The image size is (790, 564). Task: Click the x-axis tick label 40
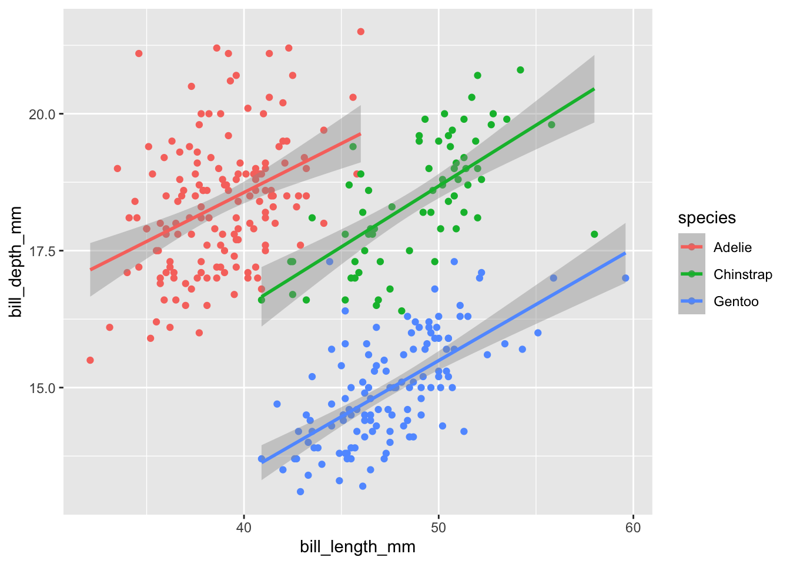point(243,528)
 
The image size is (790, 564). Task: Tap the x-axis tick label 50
point(438,528)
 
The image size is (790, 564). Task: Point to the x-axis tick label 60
point(633,528)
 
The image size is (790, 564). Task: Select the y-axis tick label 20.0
point(42,114)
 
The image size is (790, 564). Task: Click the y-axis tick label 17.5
point(42,251)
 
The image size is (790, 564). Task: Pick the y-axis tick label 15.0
point(42,388)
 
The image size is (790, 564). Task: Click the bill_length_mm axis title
point(357,548)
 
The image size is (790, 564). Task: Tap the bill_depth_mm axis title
point(16,261)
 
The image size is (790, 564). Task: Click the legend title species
point(707,218)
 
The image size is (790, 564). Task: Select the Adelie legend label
point(732,247)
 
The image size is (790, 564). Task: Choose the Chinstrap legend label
point(742,274)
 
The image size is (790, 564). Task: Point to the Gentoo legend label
point(736,301)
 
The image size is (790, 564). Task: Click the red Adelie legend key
point(691,247)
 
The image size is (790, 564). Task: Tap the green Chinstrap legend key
point(691,274)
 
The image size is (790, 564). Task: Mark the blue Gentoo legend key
point(691,301)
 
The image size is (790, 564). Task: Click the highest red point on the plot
point(361,32)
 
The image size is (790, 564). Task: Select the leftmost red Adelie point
point(90,360)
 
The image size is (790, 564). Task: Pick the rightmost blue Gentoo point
point(625,278)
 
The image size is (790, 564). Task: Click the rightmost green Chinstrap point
point(594,234)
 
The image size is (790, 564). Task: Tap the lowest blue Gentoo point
point(300,492)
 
